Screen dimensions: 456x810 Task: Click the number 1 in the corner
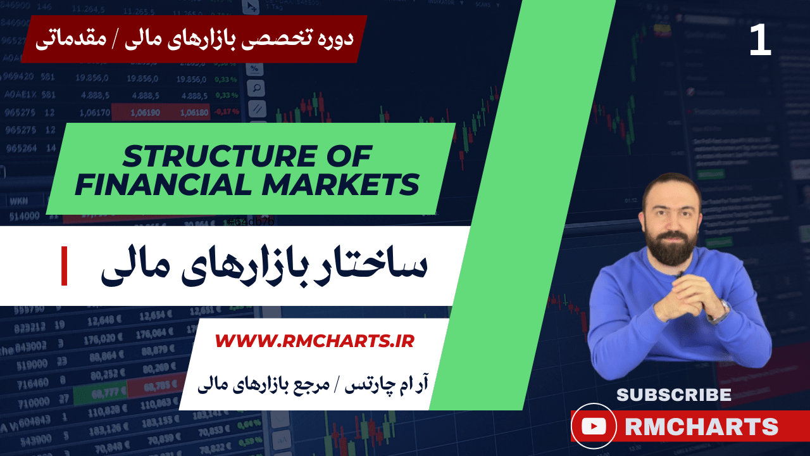[x=760, y=42]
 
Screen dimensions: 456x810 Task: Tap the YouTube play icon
[x=594, y=426]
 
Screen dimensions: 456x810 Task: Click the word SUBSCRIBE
[x=673, y=395]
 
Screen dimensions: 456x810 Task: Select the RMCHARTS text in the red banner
[x=701, y=427]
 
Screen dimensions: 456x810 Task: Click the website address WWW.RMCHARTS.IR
[x=315, y=341]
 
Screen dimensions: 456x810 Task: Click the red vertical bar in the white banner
[x=64, y=266]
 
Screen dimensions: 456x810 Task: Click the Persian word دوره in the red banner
[x=332, y=38]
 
